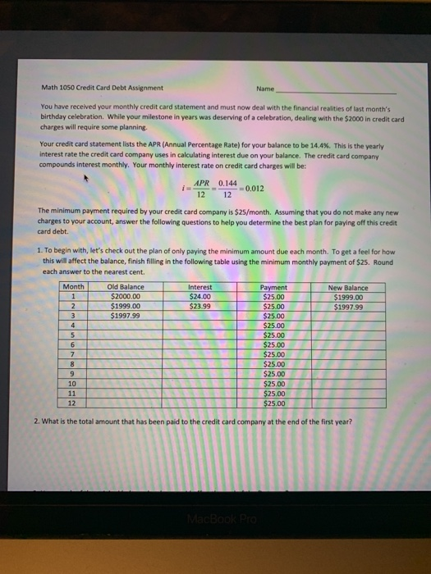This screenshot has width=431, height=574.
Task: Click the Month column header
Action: pos(74,288)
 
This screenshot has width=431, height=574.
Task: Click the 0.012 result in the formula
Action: pos(256,189)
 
